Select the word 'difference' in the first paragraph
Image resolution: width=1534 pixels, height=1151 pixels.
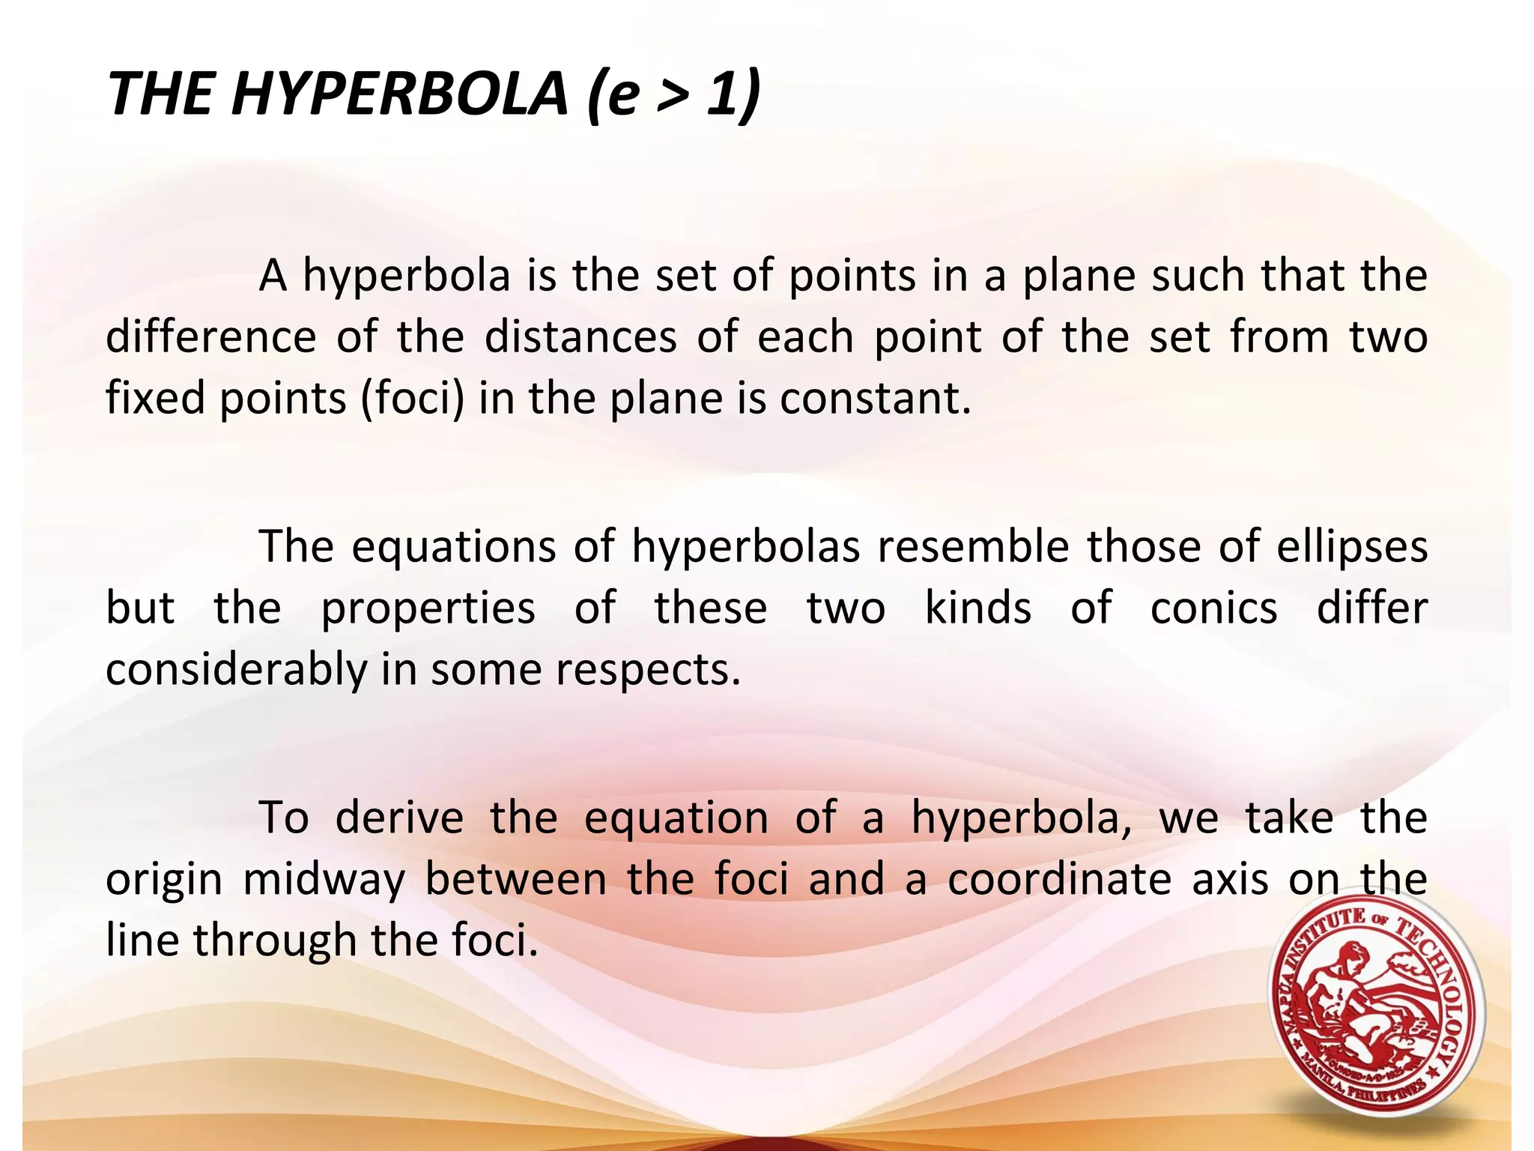click(x=210, y=336)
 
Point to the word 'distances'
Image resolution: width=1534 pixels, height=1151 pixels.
click(x=580, y=336)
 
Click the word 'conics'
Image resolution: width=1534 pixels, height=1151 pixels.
click(x=1213, y=608)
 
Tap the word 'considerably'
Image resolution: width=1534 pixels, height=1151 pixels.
click(x=236, y=669)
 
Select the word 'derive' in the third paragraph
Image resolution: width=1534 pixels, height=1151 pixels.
click(x=399, y=817)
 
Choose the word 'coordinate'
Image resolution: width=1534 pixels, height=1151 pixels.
click(x=1059, y=878)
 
